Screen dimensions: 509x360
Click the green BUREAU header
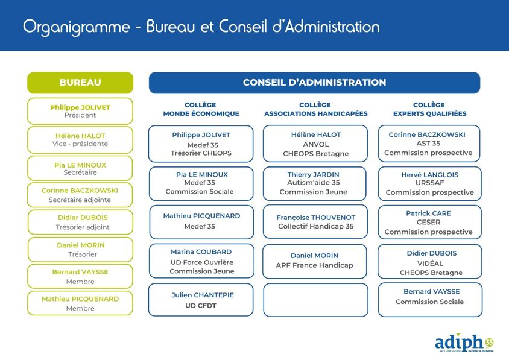80,83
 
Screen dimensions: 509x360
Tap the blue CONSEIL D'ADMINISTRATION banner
314,83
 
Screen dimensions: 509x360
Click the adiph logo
464,343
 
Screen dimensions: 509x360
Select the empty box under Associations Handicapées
315,300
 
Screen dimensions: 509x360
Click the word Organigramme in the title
76,27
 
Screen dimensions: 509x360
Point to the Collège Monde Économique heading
201,109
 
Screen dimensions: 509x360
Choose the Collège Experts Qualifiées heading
429,109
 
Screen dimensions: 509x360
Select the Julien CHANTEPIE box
201,300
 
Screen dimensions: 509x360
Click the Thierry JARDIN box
315,184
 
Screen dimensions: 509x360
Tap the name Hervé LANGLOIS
430,175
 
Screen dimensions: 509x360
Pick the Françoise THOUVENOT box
315,222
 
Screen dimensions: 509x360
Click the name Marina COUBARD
201,252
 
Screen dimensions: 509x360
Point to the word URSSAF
430,183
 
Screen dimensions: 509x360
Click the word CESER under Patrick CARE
429,223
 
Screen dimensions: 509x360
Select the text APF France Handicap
315,265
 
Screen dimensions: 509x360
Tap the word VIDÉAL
430,264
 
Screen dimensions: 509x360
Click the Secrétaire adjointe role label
80,200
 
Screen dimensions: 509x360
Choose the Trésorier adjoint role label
83,227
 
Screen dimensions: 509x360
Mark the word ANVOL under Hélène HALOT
316,144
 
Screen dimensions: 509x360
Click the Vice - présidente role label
80,144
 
